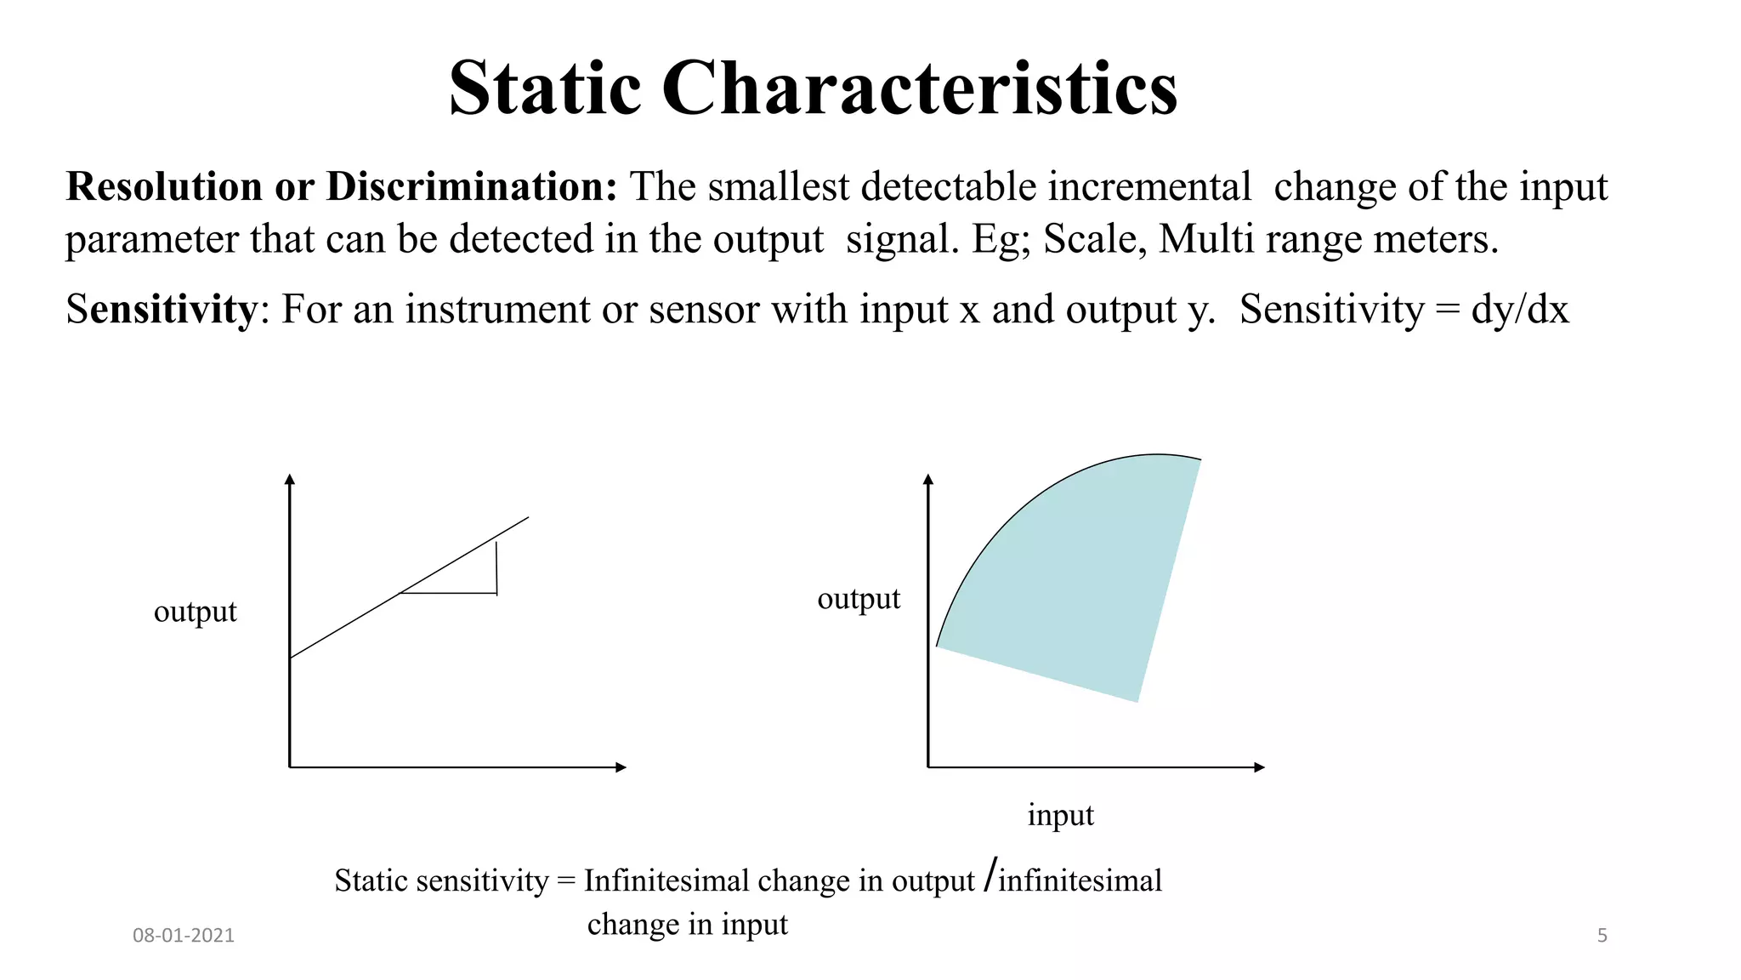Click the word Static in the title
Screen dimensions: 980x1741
tap(544, 88)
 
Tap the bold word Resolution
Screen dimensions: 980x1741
tap(165, 186)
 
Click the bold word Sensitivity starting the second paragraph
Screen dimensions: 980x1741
tap(162, 309)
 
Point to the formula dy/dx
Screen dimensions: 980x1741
tap(1519, 309)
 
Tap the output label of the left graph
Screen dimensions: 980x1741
tap(195, 612)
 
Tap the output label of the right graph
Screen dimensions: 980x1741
tap(858, 599)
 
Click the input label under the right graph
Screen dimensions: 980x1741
tap(1060, 815)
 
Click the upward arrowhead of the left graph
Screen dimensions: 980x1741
tap(290, 479)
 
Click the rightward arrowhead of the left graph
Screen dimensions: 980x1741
tap(621, 767)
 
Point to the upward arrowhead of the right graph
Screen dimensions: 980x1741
tap(928, 479)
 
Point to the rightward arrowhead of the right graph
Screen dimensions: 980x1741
tap(1260, 767)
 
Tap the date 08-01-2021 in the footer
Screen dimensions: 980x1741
tap(183, 936)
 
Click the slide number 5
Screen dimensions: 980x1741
tap(1602, 936)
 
